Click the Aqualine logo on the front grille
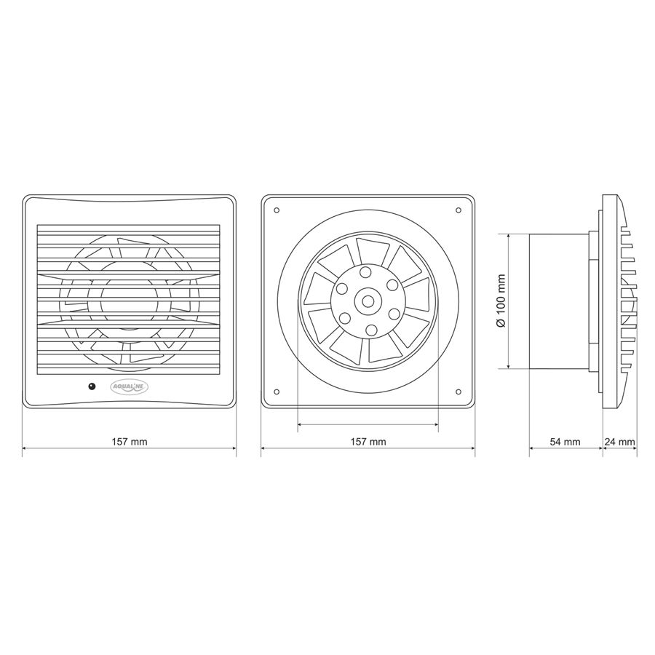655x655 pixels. tap(130, 387)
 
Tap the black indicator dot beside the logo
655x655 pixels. tap(92, 386)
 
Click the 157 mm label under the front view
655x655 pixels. tap(130, 442)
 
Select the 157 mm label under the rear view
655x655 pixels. tap(368, 442)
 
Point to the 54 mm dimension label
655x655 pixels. tap(565, 442)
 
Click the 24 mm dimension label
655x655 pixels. tap(620, 442)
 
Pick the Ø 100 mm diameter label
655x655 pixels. tap(501, 301)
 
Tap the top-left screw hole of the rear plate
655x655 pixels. tap(277, 210)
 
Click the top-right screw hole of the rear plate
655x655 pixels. tap(458, 210)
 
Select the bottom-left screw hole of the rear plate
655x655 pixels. tap(277, 392)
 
